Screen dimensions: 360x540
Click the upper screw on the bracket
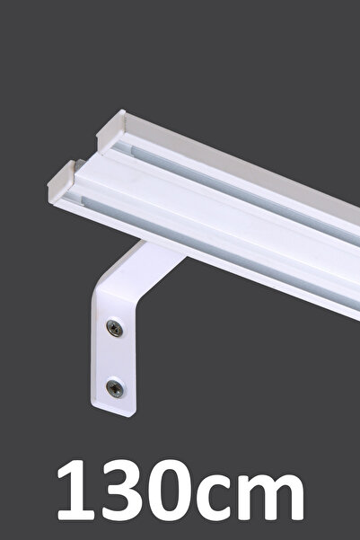pyautogui.click(x=115, y=328)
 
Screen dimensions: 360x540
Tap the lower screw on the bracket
pyautogui.click(x=115, y=388)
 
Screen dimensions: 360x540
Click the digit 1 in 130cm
pyautogui.click(x=76, y=490)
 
